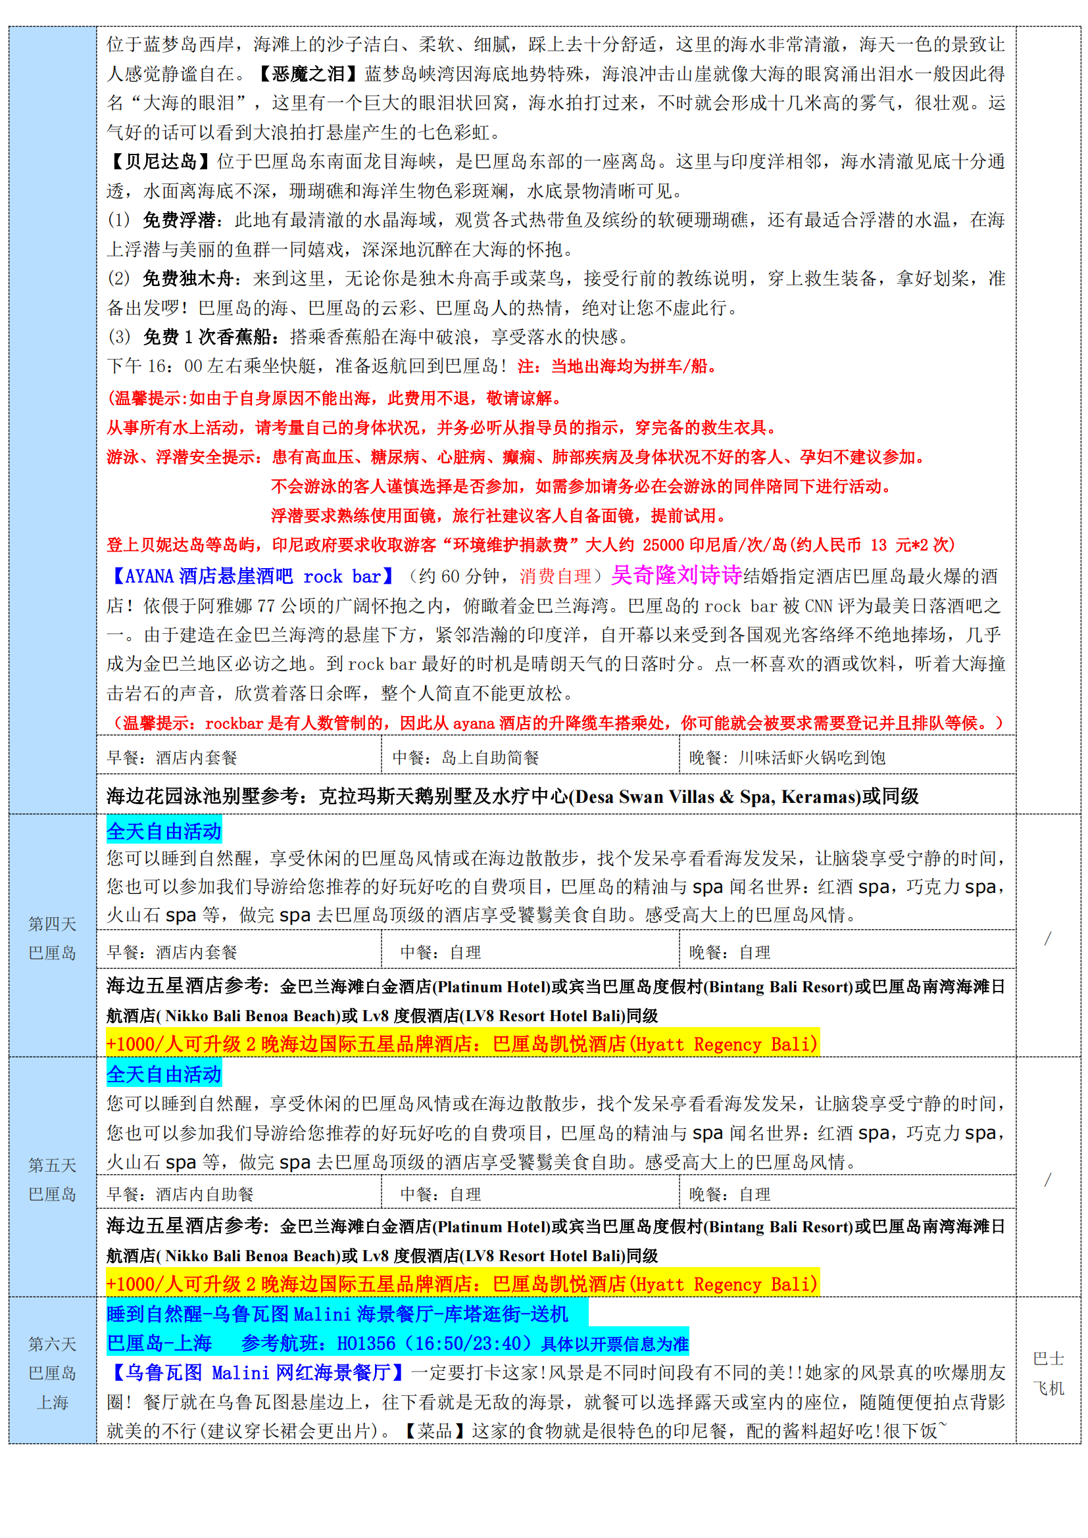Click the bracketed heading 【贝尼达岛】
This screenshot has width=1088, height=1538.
tap(160, 162)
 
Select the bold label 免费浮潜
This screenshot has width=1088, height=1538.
tap(179, 220)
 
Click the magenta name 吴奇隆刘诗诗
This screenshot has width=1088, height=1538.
tap(676, 575)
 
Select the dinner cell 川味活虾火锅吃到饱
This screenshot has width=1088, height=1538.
tap(812, 757)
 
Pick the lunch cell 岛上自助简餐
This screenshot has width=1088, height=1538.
tap(490, 757)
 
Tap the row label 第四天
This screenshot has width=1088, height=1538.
tap(52, 925)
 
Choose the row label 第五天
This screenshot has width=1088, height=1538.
tap(52, 1166)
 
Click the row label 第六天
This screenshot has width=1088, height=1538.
tap(52, 1345)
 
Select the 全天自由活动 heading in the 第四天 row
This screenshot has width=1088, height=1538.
tap(164, 831)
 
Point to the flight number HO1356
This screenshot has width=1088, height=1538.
tap(366, 1344)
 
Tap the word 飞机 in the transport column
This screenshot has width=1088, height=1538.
tap(1048, 1389)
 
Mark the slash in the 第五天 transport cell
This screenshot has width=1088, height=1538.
tap(1048, 1180)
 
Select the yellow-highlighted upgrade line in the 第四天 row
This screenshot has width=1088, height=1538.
tap(462, 1044)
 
